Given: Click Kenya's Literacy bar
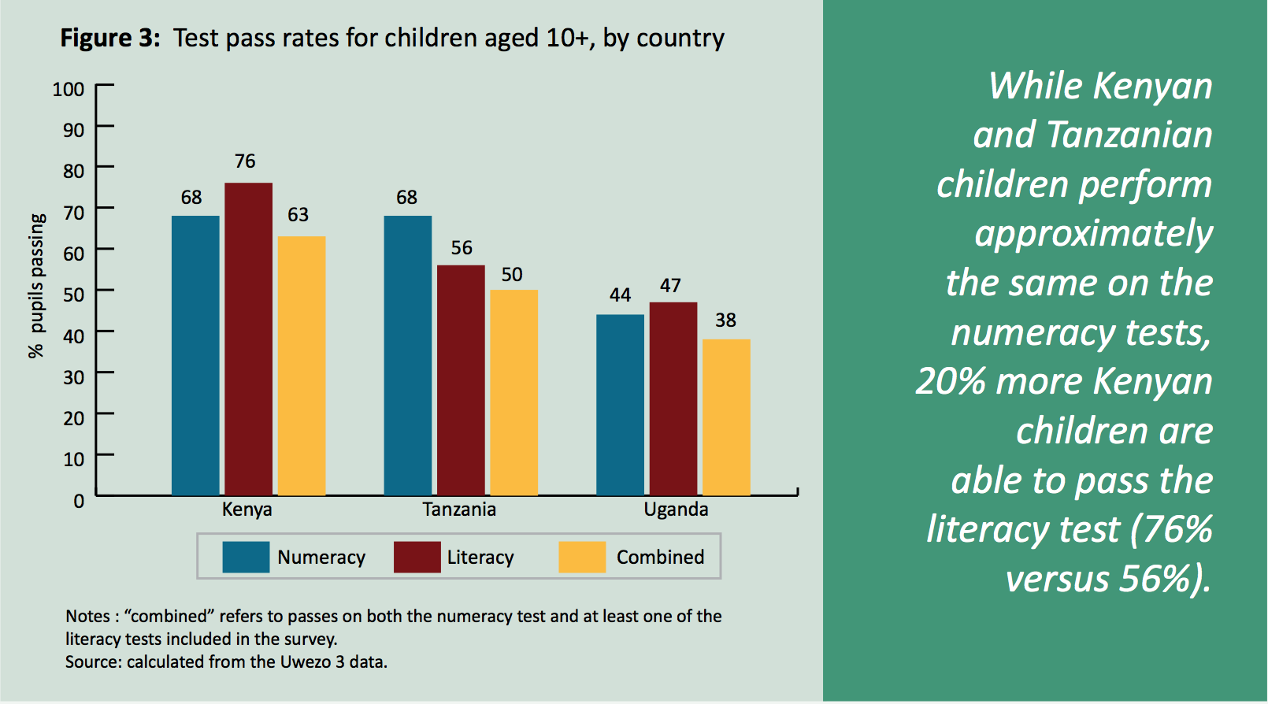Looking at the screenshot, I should [x=249, y=339].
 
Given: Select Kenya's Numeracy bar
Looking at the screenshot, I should [x=195, y=355].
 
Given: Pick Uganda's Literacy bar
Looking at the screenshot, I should [x=673, y=398].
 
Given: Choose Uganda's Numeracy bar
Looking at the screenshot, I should [x=620, y=405].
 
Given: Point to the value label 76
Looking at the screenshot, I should [x=245, y=161].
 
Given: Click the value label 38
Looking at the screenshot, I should [x=725, y=321].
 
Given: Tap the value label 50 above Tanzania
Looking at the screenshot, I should [x=512, y=275].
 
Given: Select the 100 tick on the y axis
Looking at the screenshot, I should [x=69, y=89].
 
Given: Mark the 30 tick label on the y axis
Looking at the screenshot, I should [x=73, y=377].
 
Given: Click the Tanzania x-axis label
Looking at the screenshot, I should [x=459, y=509].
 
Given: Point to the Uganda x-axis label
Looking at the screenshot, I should [x=676, y=509].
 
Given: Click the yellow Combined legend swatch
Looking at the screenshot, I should [x=582, y=557].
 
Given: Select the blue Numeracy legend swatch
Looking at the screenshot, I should [x=246, y=557].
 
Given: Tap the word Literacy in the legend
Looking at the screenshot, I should [x=480, y=558].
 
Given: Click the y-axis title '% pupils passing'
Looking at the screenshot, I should [x=36, y=286].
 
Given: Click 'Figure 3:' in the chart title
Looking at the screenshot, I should [x=110, y=38].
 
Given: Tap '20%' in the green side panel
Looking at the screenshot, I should [x=951, y=382].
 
